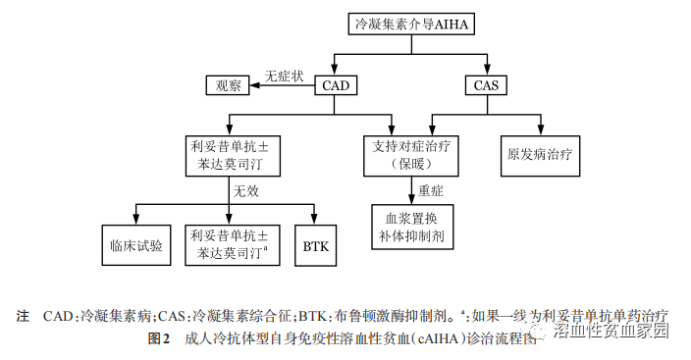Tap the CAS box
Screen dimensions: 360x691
coord(486,86)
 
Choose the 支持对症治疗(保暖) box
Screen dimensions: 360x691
coord(410,153)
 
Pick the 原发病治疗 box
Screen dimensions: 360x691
coord(539,154)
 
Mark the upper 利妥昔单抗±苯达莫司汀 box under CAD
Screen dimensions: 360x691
coord(230,153)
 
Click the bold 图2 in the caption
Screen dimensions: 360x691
coord(159,339)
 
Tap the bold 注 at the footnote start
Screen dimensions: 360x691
coord(23,317)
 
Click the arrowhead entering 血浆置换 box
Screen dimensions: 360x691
coord(410,197)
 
